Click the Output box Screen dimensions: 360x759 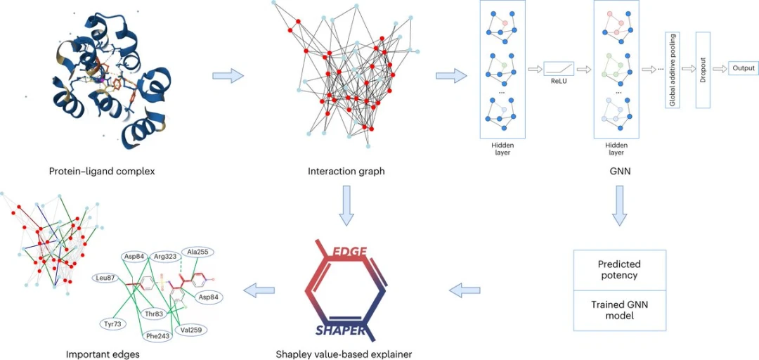[743, 68]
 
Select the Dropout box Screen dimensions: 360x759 [703, 70]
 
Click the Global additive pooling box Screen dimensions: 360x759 [673, 70]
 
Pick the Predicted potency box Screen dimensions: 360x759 [618, 270]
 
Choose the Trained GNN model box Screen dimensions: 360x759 [618, 310]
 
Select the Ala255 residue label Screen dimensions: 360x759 [197, 252]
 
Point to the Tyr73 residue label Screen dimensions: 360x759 [113, 323]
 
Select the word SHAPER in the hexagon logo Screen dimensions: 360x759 [340, 330]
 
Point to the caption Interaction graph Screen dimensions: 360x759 [346, 171]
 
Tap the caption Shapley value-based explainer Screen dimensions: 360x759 [344, 354]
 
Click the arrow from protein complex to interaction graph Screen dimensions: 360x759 [228, 75]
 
